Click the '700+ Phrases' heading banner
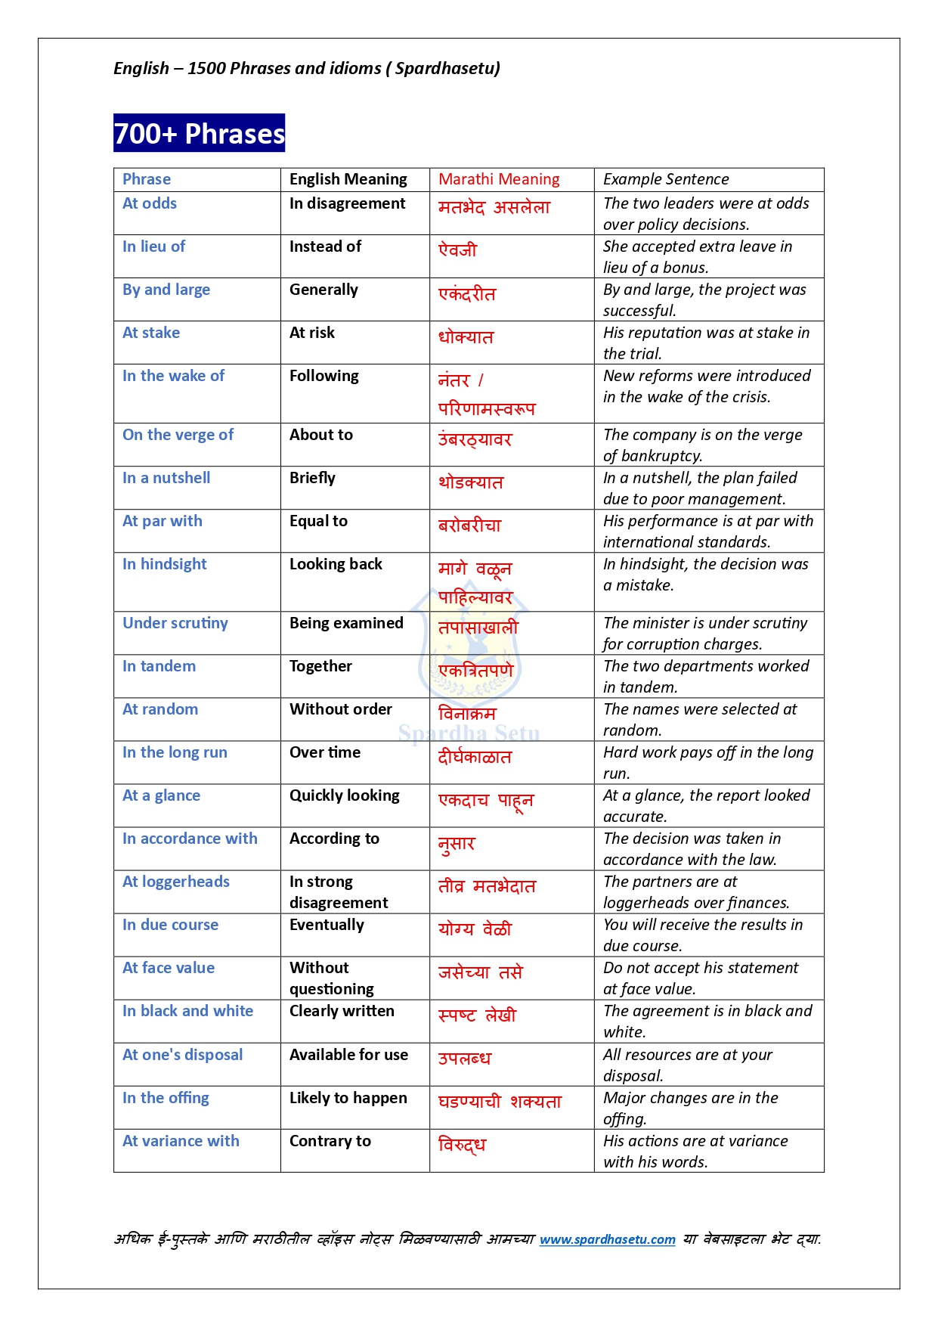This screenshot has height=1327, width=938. click(199, 133)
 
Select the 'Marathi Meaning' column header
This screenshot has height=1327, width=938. click(499, 179)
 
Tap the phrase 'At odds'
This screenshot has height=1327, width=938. click(150, 203)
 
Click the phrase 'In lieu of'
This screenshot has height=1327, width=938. click(153, 246)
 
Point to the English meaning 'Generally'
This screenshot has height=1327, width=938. click(324, 290)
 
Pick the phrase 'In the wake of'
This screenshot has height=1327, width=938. click(173, 376)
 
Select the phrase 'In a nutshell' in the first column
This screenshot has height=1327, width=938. click(166, 478)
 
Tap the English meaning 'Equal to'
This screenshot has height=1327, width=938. click(318, 521)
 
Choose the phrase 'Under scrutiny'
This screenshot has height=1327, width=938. click(175, 623)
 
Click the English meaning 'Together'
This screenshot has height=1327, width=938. click(320, 666)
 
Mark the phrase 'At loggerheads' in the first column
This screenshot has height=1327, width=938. click(176, 882)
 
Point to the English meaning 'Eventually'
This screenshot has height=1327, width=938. click(327, 925)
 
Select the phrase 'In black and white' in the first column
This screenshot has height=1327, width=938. click(187, 1011)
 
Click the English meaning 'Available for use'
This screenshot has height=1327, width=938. click(348, 1055)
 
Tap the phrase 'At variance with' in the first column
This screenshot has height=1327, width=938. click(181, 1141)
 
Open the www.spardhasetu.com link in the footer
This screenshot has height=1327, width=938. click(607, 1239)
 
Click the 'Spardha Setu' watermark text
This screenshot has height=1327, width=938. click(469, 733)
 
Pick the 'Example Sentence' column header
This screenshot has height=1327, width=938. click(666, 179)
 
